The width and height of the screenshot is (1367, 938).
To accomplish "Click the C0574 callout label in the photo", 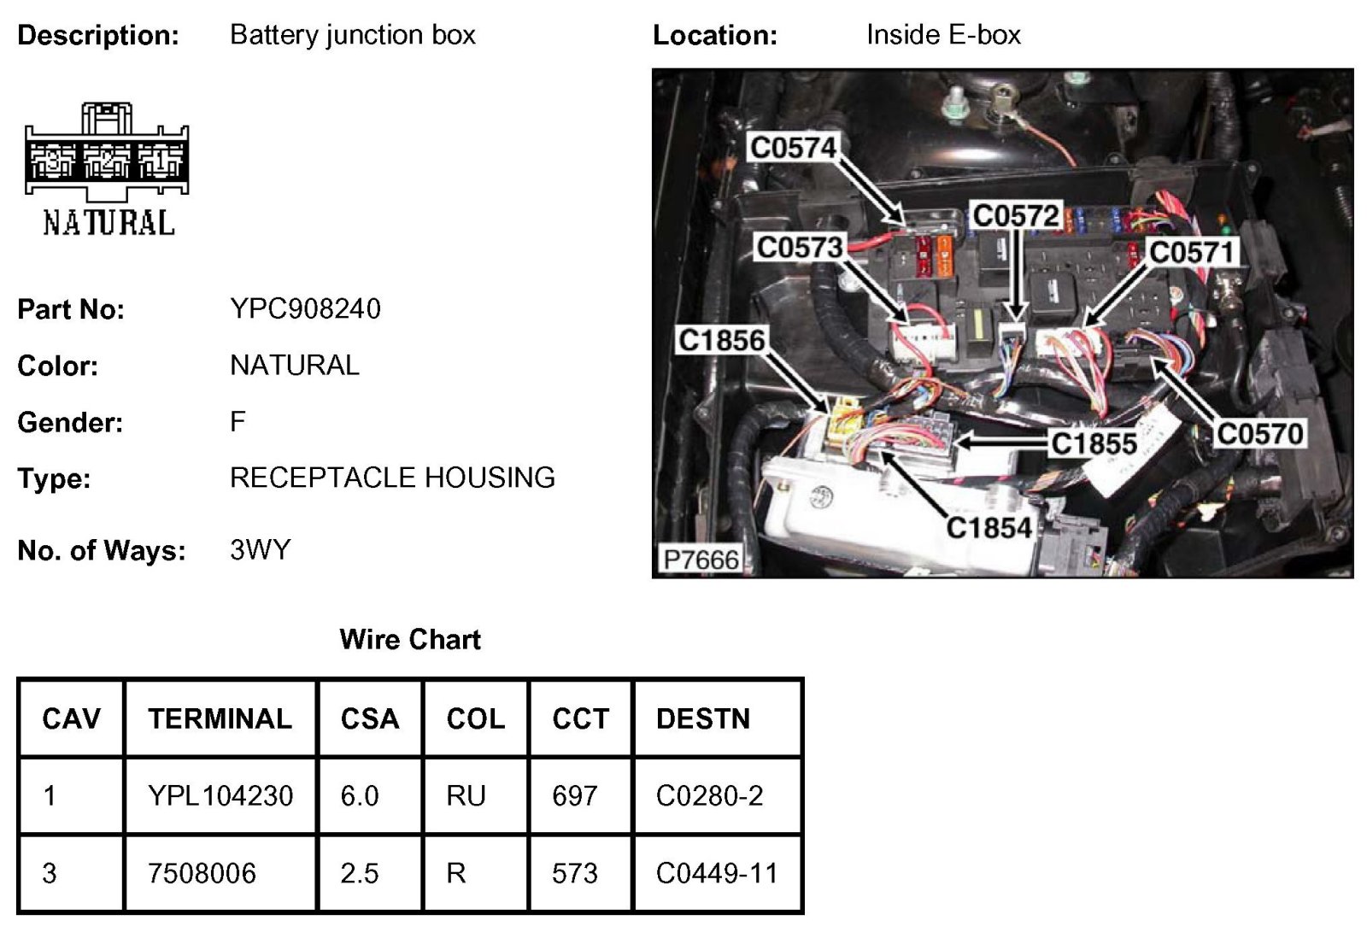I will click(792, 148).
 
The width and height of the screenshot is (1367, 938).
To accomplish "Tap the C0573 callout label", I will click(799, 247).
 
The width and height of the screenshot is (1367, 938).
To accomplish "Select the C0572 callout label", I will click(1016, 215).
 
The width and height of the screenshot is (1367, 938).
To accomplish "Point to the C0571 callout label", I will click(1192, 252).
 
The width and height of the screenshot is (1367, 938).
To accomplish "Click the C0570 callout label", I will click(1259, 434).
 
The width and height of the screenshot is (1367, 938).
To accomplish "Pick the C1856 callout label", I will click(721, 340).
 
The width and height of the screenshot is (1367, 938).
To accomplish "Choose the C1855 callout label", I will click(1093, 443).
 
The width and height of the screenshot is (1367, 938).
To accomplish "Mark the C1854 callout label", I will click(989, 527).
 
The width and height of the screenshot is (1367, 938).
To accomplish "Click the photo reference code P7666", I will click(701, 560).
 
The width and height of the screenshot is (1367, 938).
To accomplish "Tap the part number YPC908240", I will click(305, 308).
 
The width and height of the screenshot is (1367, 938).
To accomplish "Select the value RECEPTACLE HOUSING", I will click(392, 477).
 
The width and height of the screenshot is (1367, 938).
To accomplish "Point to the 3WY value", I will click(260, 549).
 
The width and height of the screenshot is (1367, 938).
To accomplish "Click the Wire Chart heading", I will click(409, 639).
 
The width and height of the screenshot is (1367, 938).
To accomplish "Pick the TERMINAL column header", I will click(220, 718).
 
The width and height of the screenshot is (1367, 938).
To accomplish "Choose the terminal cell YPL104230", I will click(220, 795).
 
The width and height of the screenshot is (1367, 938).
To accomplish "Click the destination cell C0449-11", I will click(717, 873).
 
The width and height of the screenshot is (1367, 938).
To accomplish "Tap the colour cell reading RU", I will click(466, 795).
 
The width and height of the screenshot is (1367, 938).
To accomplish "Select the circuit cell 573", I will click(574, 873).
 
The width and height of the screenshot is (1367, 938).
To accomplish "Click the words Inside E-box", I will click(943, 35).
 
